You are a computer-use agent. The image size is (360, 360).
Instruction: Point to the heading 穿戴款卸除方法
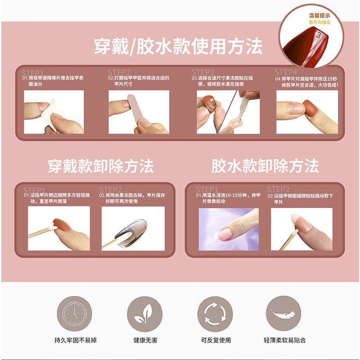pos(100,166)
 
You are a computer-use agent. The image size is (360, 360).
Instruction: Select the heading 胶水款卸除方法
pos(265,166)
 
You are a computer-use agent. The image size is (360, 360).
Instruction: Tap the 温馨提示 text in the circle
pos(317,16)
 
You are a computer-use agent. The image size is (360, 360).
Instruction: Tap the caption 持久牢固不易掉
pos(74,340)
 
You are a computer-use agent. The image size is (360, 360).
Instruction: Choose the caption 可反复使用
pos(214,340)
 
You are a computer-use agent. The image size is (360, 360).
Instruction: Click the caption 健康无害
pos(144,340)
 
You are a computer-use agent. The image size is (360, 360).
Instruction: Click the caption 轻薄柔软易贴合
pos(284,340)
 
